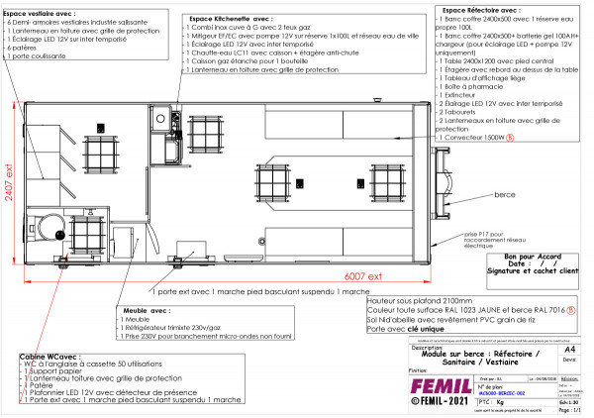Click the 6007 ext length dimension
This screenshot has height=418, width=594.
coord(365,276)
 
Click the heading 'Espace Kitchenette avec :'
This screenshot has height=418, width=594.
coord(229,19)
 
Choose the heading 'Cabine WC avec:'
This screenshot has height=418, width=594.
coord(44,354)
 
